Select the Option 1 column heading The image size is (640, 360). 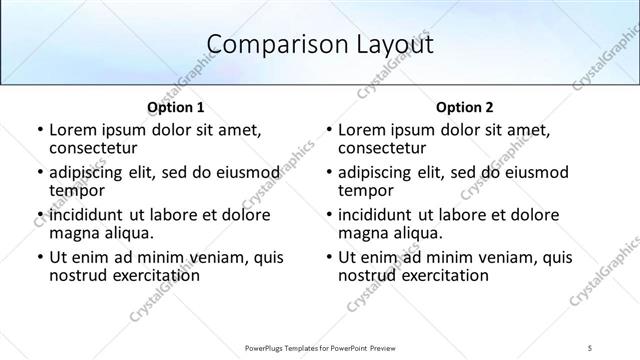point(176,107)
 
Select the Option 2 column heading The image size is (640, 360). point(465,107)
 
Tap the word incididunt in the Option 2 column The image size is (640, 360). point(375,215)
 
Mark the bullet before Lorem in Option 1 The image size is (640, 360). point(39,130)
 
